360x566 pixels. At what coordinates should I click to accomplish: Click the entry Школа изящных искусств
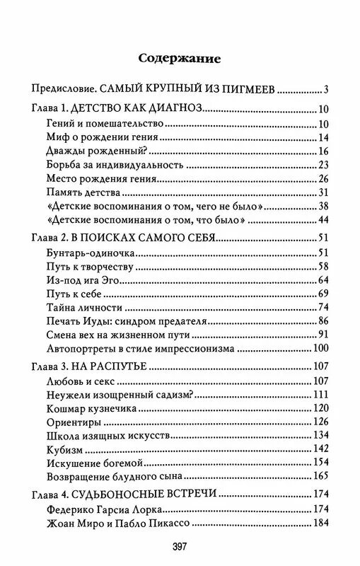(108, 435)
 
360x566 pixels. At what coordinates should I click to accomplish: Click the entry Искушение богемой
(95, 462)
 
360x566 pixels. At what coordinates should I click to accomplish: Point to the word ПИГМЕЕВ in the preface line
(251, 90)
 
